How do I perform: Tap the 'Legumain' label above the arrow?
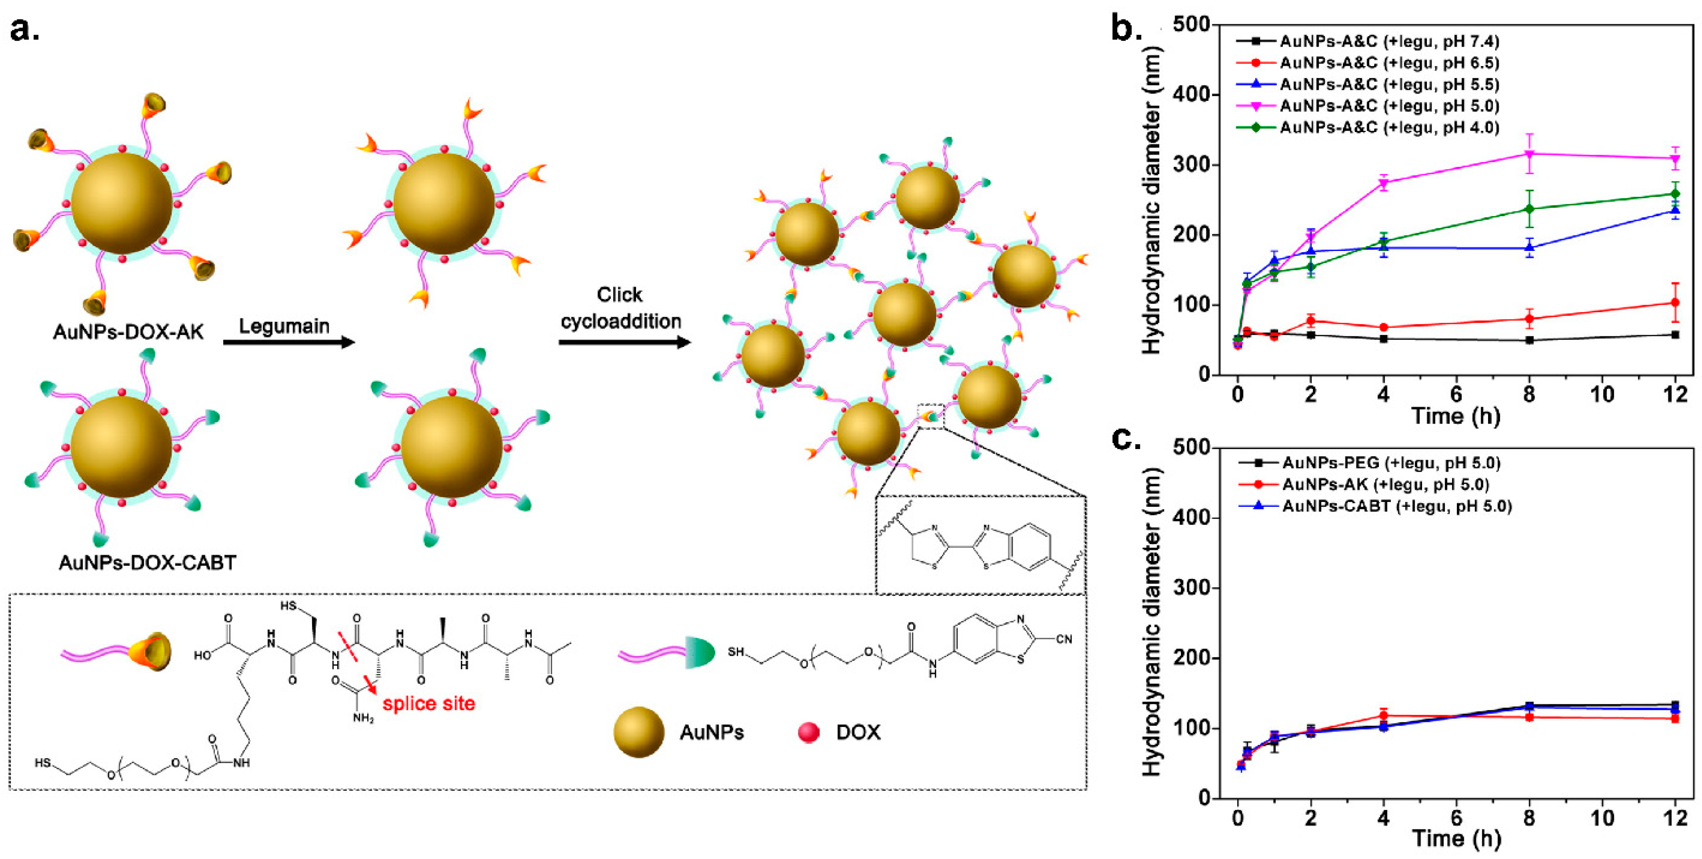click(x=284, y=326)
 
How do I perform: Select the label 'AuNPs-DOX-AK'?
click(x=128, y=332)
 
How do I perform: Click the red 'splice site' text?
click(x=429, y=703)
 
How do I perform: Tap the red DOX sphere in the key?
click(x=809, y=732)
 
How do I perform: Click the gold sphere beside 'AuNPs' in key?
click(x=638, y=732)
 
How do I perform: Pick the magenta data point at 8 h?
click(x=1529, y=154)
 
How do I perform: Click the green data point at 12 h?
click(x=1675, y=194)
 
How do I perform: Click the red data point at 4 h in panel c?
click(x=1383, y=715)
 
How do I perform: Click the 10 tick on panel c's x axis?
click(x=1602, y=818)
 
